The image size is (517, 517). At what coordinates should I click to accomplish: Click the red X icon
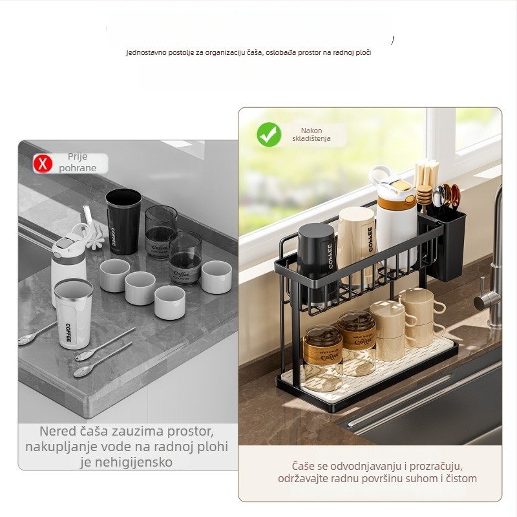[x=43, y=164]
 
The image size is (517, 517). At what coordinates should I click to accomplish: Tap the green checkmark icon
[x=269, y=134]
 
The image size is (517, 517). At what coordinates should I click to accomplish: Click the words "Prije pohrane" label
[x=78, y=162]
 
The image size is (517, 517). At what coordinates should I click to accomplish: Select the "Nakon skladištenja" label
[x=311, y=134]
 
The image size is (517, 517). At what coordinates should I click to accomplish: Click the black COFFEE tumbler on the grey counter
[x=123, y=221]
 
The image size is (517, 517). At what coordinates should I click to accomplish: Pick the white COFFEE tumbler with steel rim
[x=74, y=313]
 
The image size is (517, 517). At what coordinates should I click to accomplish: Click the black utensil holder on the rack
[x=445, y=244]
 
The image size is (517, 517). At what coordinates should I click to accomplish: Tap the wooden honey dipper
[x=424, y=198]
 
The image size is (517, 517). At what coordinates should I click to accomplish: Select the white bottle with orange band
[x=395, y=218]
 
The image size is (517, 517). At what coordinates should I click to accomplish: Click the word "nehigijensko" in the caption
[x=126, y=462]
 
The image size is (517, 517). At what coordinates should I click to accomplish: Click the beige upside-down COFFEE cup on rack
[x=356, y=246]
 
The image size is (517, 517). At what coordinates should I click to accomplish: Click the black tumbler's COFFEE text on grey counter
[x=113, y=237]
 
